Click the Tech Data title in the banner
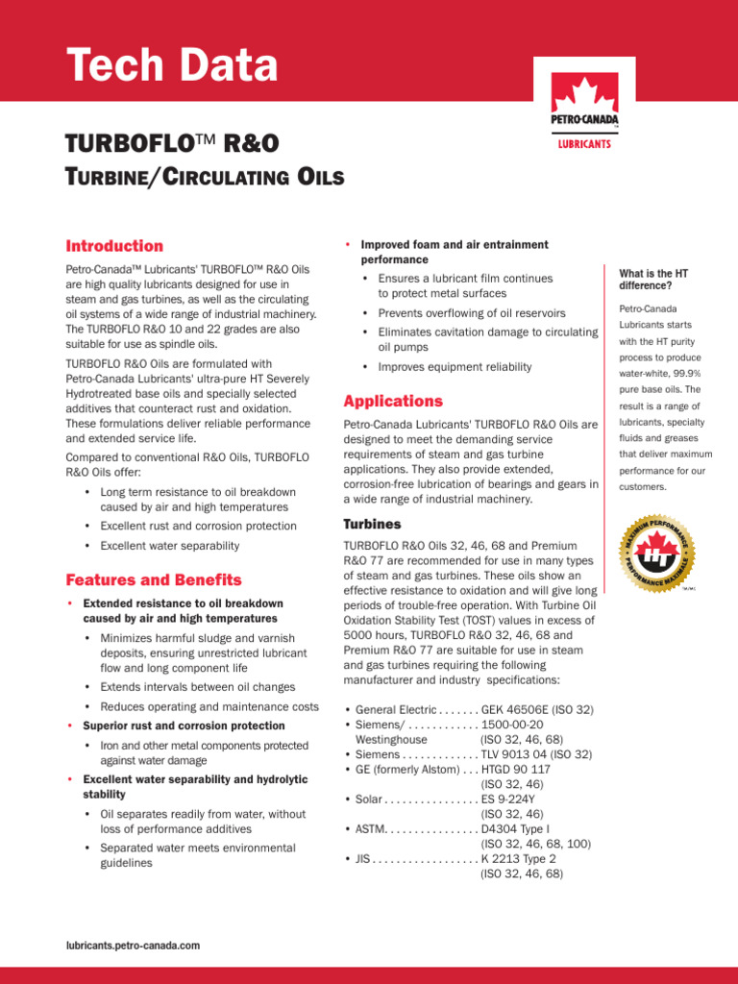pyautogui.click(x=172, y=65)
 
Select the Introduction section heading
pyautogui.click(x=114, y=246)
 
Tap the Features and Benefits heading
pyautogui.click(x=154, y=580)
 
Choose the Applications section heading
pyautogui.click(x=393, y=401)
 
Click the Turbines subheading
pyautogui.click(x=372, y=525)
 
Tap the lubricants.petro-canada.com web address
pyautogui.click(x=133, y=946)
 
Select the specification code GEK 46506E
pyautogui.click(x=519, y=710)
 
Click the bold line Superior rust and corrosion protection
pyautogui.click(x=184, y=726)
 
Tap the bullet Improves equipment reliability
pyautogui.click(x=455, y=367)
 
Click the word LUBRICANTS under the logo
pyautogui.click(x=584, y=145)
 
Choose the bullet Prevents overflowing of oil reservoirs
pyautogui.click(x=472, y=313)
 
